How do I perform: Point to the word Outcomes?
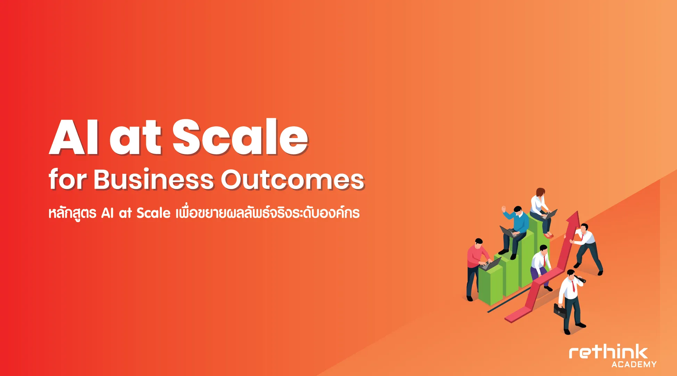[293, 180]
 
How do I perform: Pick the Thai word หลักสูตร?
[72, 213]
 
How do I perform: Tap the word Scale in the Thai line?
[153, 213]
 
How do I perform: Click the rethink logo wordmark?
[608, 352]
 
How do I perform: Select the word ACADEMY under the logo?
[634, 365]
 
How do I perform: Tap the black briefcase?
[560, 311]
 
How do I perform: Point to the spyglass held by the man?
[580, 279]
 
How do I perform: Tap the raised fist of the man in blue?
[503, 208]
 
